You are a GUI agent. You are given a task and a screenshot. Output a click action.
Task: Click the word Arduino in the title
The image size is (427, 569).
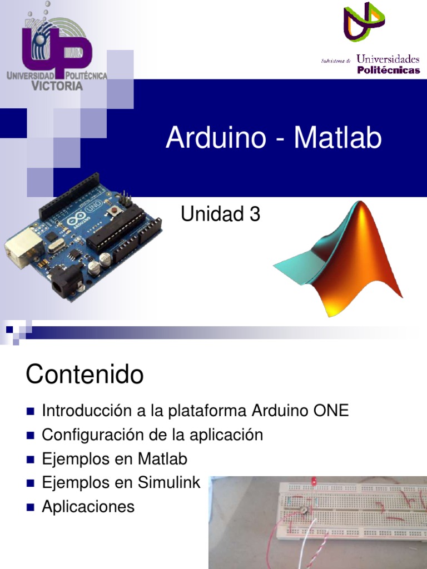(x=216, y=138)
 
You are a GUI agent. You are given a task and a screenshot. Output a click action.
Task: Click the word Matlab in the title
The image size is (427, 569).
(x=337, y=138)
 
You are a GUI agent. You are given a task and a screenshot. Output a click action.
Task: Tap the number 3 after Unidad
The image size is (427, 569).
(x=255, y=214)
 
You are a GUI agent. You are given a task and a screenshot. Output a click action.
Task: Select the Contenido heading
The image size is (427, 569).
(x=85, y=375)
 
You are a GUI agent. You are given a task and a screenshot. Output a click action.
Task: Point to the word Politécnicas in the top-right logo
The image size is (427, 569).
(x=388, y=70)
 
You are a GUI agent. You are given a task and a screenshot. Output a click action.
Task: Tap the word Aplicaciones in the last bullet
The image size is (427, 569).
(x=88, y=507)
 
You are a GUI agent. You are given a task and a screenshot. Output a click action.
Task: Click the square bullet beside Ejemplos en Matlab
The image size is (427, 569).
(x=30, y=460)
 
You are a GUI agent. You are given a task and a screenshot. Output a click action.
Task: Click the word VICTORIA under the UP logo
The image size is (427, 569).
(x=57, y=86)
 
